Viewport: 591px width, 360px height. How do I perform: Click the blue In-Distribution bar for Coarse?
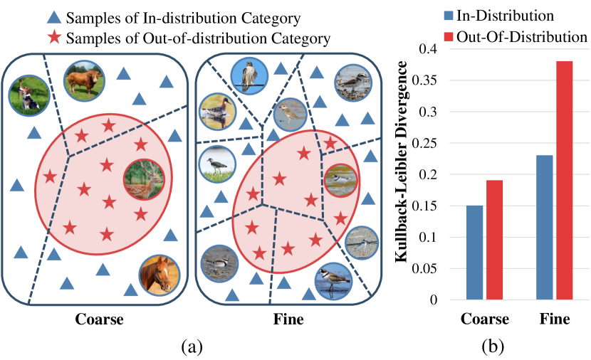pyautogui.click(x=474, y=253)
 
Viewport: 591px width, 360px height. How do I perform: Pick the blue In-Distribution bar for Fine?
pyautogui.click(x=543, y=228)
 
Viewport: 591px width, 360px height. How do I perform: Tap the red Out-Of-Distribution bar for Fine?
pyautogui.click(x=564, y=181)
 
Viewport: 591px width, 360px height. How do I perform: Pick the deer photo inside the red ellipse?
pyautogui.click(x=142, y=178)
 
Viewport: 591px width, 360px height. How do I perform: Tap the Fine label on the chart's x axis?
pyautogui.click(x=555, y=319)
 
